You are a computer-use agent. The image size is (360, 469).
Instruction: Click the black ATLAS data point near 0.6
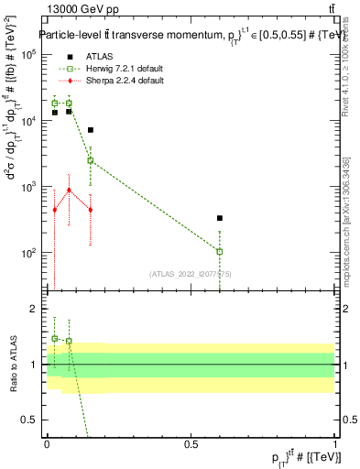point(220,218)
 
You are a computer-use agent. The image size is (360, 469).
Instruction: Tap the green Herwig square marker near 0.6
point(220,251)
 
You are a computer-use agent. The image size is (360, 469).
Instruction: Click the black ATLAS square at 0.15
point(91,130)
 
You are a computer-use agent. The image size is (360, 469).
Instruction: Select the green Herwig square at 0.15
point(91,160)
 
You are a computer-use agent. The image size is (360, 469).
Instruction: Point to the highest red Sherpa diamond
point(69,190)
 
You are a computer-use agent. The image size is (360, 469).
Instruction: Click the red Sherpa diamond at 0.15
point(91,210)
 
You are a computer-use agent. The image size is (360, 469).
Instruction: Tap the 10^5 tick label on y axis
point(27,55)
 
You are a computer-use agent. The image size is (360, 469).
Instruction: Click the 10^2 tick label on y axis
point(27,253)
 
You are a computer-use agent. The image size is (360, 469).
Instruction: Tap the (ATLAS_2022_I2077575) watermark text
point(190,273)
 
